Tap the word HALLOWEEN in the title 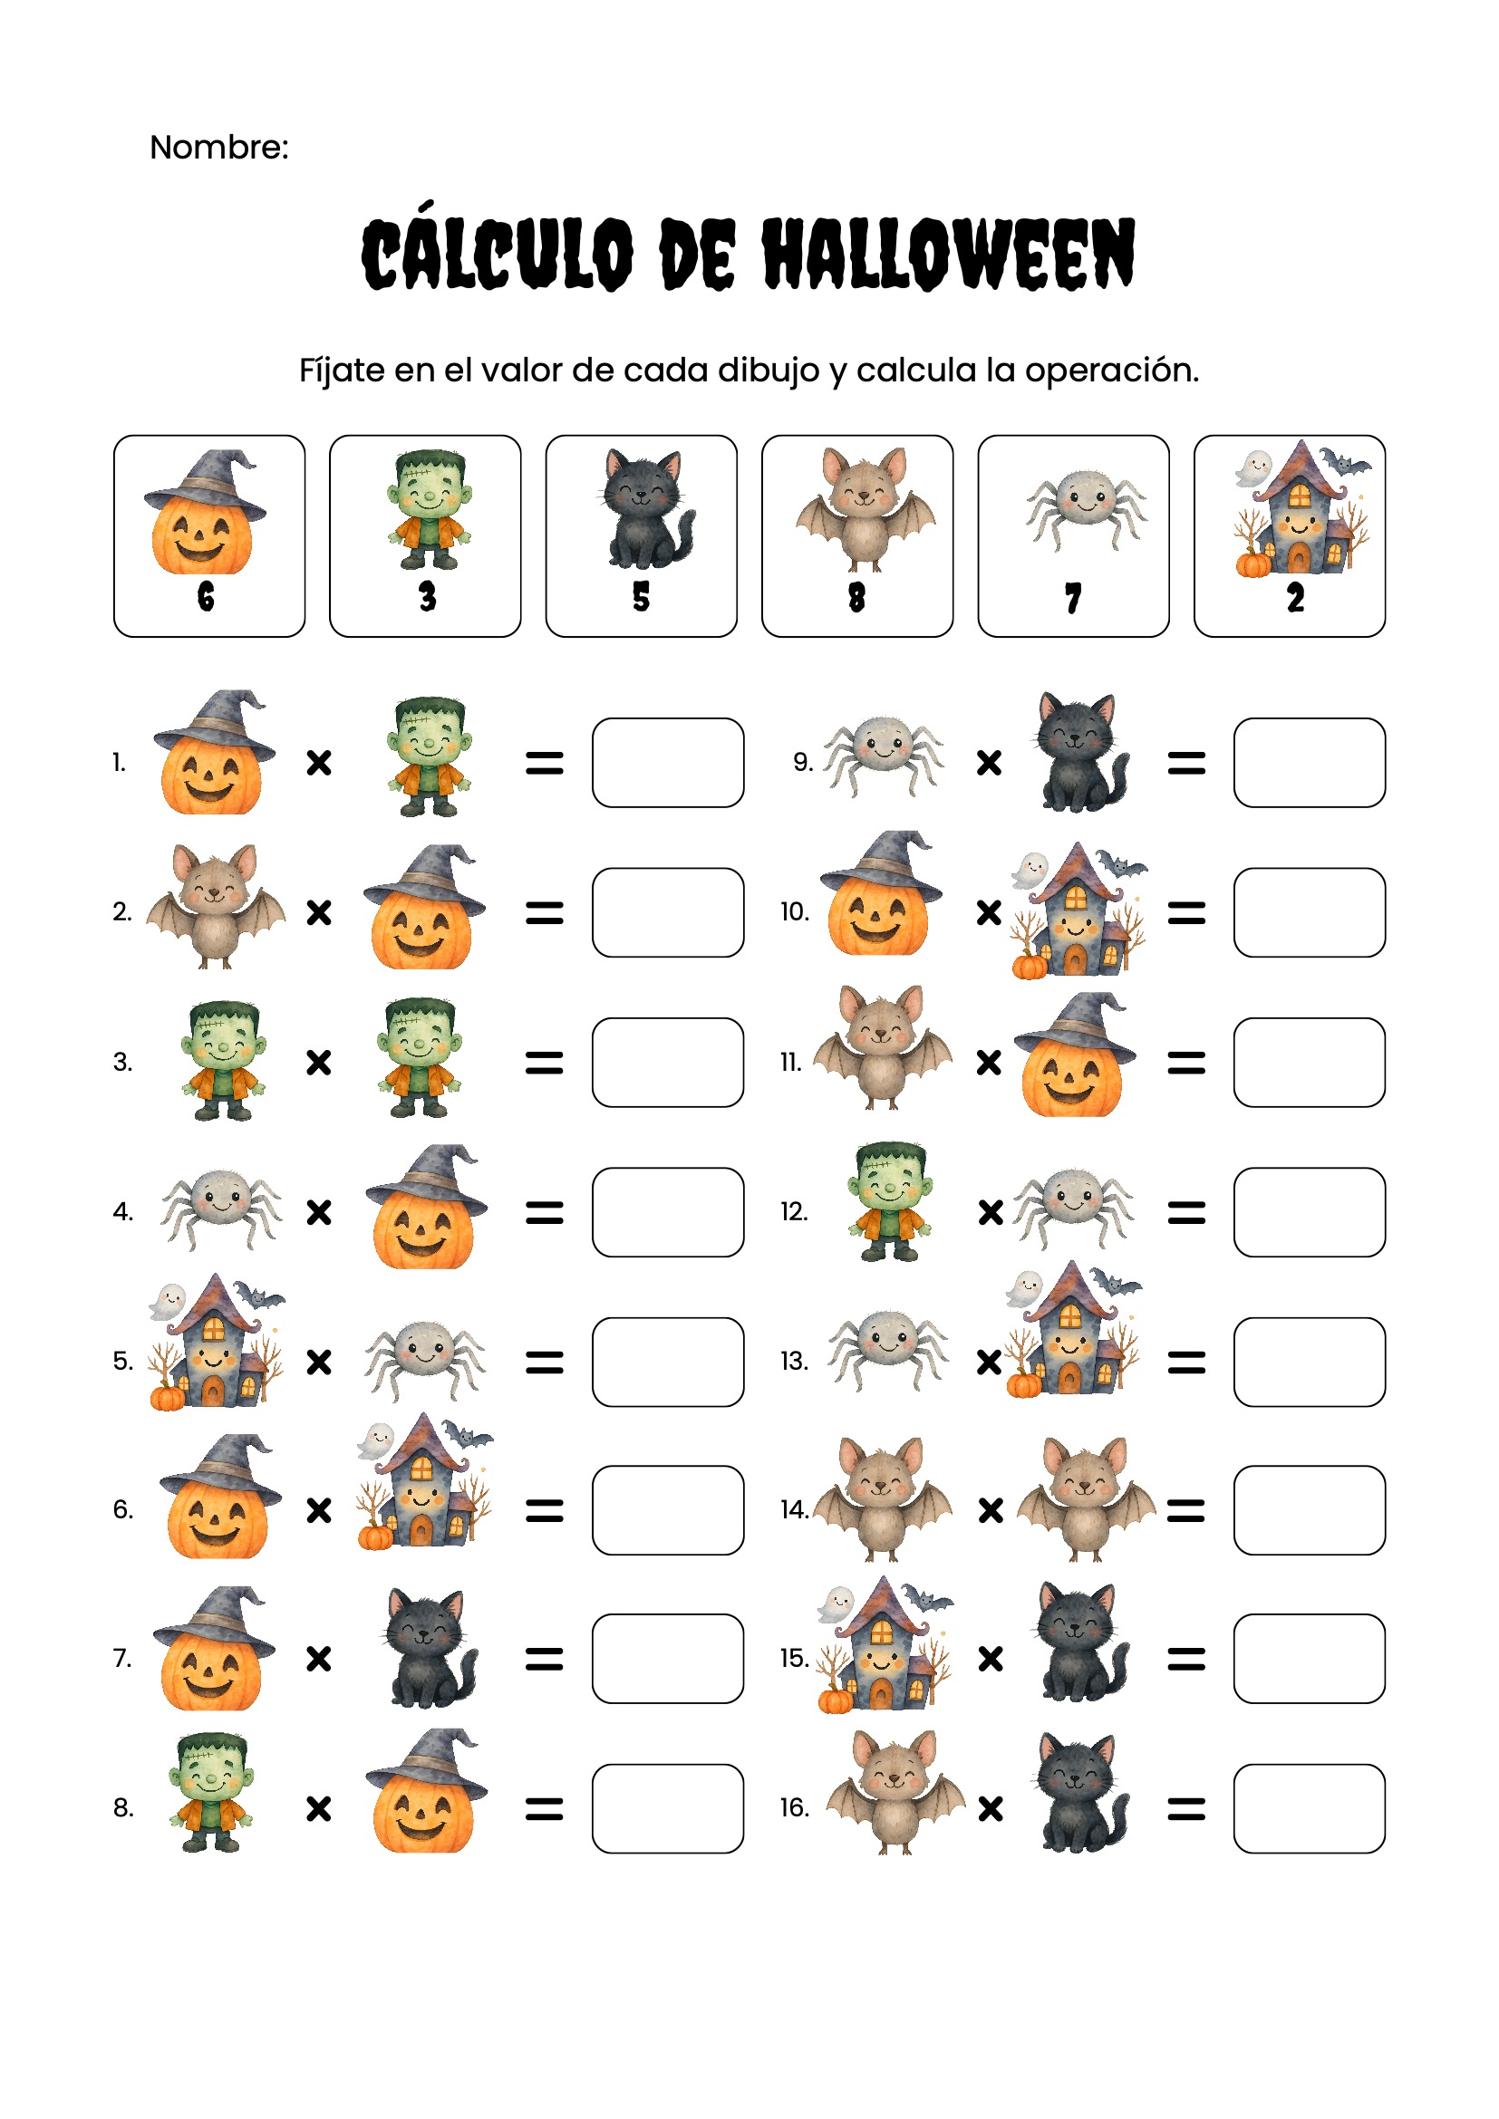(x=948, y=254)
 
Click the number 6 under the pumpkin (x=206, y=596)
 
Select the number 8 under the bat (x=856, y=597)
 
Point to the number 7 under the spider (x=1072, y=598)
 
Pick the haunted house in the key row (x=1302, y=508)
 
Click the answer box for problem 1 (x=668, y=762)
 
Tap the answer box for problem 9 (x=1310, y=762)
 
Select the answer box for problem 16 (x=1310, y=1809)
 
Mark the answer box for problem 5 (x=668, y=1363)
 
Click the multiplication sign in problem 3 (x=318, y=1064)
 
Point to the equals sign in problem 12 (x=1186, y=1213)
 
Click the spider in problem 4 (x=221, y=1206)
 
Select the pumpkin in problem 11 (x=1075, y=1055)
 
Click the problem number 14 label (x=794, y=1510)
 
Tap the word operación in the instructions (x=1111, y=371)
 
